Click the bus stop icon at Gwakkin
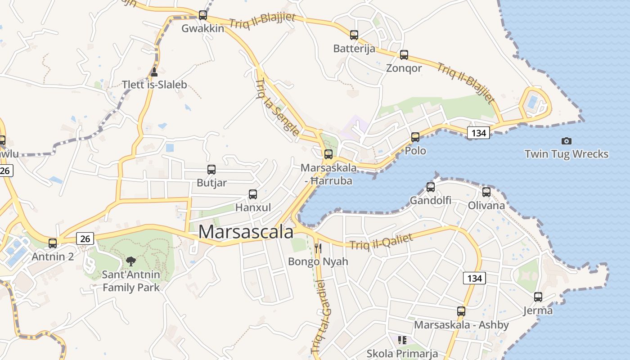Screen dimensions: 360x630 pos(203,15)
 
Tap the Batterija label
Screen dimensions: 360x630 pos(354,49)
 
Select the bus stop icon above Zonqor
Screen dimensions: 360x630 pos(404,55)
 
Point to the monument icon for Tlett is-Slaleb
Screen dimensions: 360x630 pos(154,72)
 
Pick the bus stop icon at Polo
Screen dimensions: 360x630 pos(415,137)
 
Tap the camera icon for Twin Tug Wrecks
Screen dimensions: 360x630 pos(567,141)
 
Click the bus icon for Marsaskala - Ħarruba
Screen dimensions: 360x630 pos(328,154)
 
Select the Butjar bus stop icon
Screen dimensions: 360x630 pos(211,170)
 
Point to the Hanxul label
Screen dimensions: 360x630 pos(253,207)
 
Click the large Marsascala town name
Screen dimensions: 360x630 pos(246,232)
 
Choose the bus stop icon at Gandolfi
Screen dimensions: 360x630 pos(431,187)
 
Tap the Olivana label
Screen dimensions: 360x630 pos(486,206)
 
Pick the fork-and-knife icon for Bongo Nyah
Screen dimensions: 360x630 pos(318,248)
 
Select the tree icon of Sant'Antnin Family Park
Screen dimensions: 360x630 pos(131,261)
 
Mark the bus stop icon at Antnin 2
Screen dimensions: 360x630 pos(53,243)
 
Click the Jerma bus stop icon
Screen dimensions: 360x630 pos(538,297)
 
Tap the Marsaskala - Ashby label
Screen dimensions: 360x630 pos(461,325)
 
